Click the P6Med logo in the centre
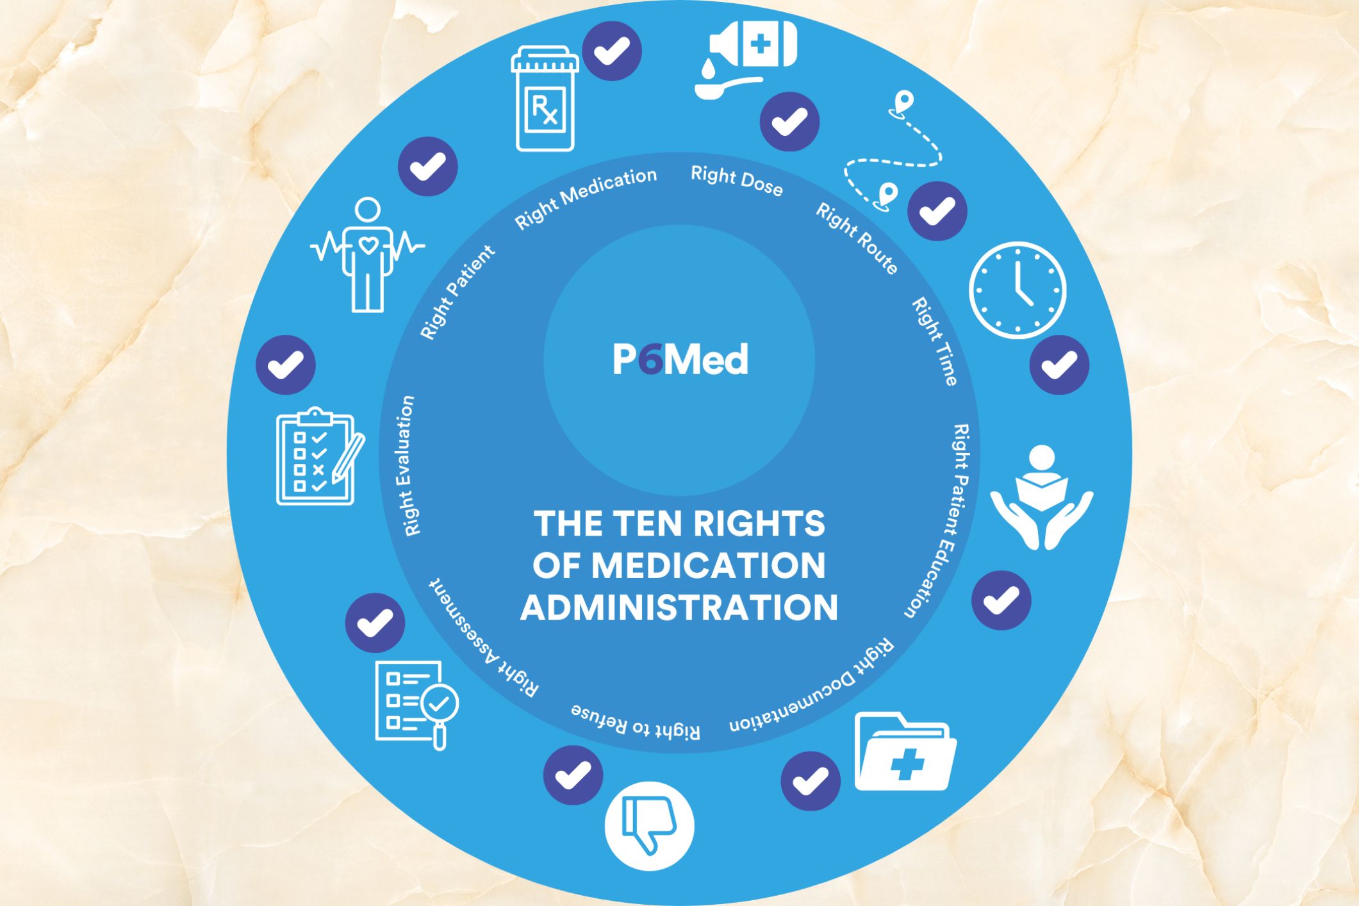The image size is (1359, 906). pyautogui.click(x=680, y=359)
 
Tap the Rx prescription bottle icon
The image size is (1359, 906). pyautogui.click(x=545, y=99)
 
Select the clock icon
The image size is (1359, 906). pyautogui.click(x=1017, y=290)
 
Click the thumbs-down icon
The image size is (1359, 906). pyautogui.click(x=649, y=826)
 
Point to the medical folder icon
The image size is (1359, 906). pyautogui.click(x=905, y=752)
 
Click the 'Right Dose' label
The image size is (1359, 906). pyautogui.click(x=737, y=181)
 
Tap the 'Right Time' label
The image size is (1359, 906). pyautogui.click(x=935, y=341)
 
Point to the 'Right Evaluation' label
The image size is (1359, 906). pyautogui.click(x=408, y=466)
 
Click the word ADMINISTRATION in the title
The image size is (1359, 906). pyautogui.click(x=679, y=607)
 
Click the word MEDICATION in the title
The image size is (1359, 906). pyautogui.click(x=708, y=566)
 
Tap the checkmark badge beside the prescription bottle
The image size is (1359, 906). pyautogui.click(x=612, y=51)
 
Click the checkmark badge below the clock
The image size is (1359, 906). pyautogui.click(x=1059, y=365)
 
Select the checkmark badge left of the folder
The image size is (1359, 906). pyautogui.click(x=811, y=781)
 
